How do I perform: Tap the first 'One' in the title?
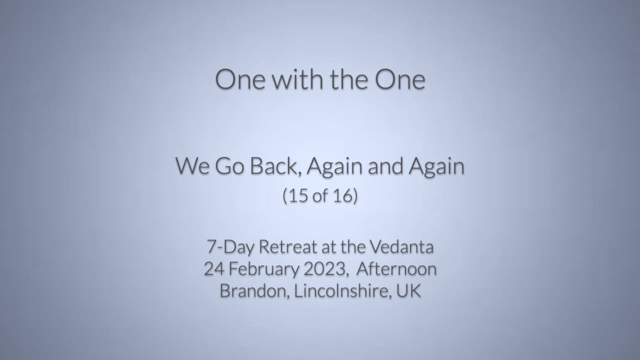coord(240,79)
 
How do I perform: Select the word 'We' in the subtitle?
coord(192,166)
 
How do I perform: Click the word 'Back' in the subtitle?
coord(275,166)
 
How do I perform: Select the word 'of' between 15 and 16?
coord(320,196)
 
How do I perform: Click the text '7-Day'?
coord(230,247)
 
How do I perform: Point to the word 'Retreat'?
coord(288,247)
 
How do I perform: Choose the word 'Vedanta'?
coord(401,247)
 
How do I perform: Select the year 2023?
coord(325,269)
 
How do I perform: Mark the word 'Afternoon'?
coord(396,269)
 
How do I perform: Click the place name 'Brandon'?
coord(253,291)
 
